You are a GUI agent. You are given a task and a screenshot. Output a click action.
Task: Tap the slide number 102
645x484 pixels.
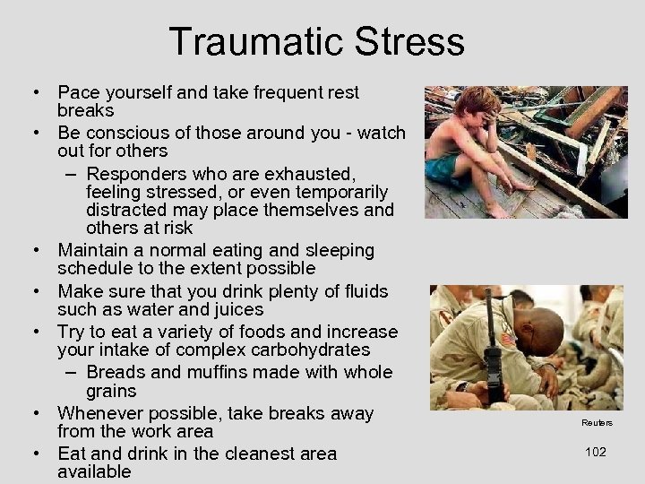(595, 452)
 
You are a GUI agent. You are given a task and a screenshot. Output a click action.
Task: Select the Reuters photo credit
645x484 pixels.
(596, 423)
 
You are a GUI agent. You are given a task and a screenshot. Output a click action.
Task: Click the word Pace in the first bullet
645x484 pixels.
(79, 92)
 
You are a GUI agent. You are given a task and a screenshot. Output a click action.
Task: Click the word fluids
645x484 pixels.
(358, 291)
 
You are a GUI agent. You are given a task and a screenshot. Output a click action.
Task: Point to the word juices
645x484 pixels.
(235, 309)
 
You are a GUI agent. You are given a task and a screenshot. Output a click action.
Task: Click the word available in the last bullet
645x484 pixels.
(94, 471)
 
